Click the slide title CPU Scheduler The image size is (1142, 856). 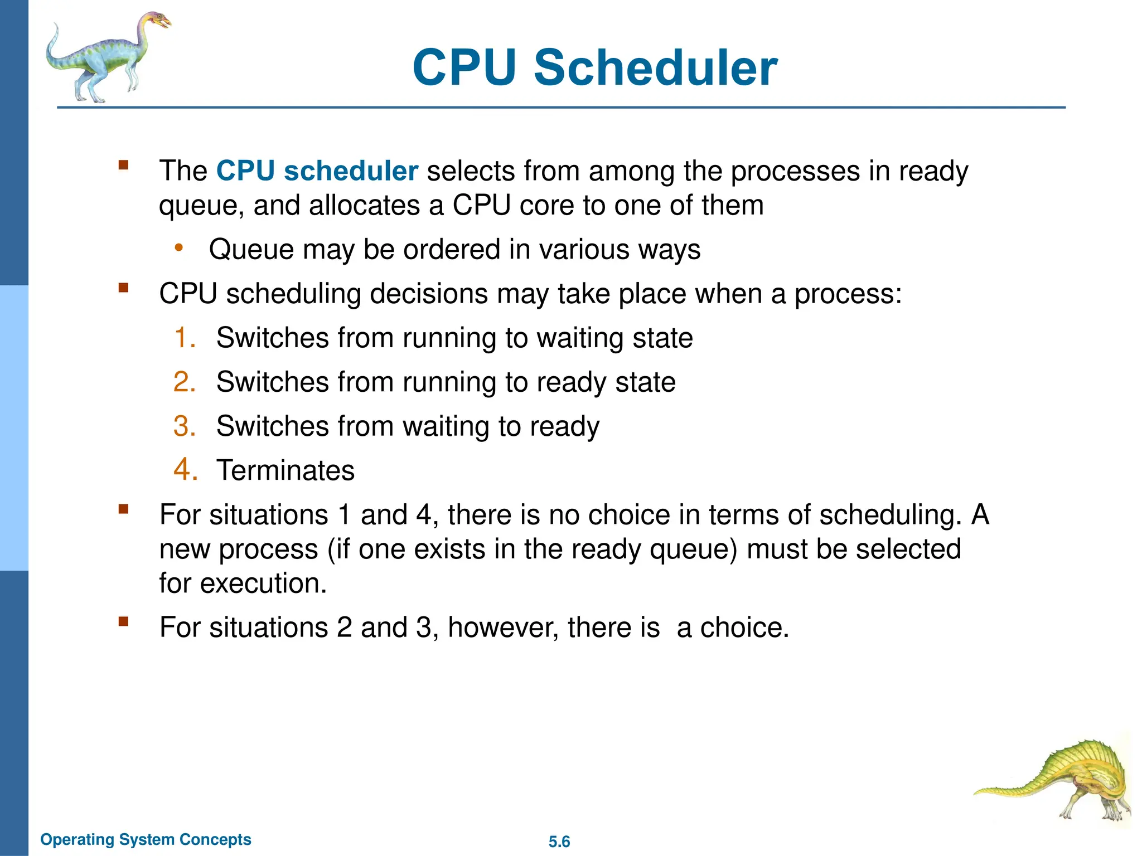pos(594,68)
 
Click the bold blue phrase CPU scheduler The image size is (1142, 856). pos(317,171)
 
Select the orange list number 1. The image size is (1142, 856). pos(184,338)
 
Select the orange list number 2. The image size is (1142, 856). pos(184,382)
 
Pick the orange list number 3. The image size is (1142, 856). pos(184,426)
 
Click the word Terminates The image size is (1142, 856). pos(285,470)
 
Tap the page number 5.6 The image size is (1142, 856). pos(559,842)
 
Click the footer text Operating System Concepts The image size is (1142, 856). pos(146,839)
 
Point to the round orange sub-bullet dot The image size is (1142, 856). pos(178,247)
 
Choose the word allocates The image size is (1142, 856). pos(364,205)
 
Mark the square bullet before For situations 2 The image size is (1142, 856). pos(123,621)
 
